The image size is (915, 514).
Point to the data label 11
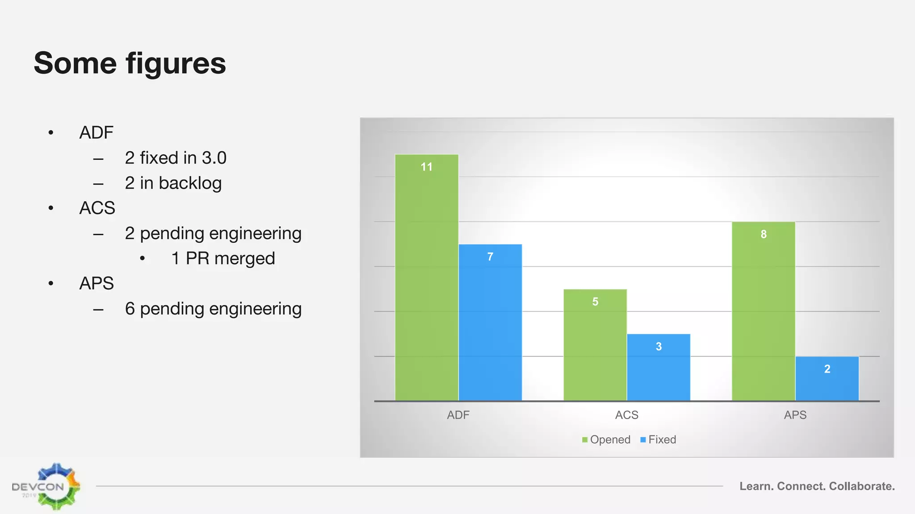[427, 167]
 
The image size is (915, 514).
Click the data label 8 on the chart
[764, 234]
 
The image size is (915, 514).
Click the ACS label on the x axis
[626, 415]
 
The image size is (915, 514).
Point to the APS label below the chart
[795, 415]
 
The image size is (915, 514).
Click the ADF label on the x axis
[458, 415]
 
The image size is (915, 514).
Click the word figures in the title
[176, 64]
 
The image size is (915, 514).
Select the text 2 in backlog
[173, 183]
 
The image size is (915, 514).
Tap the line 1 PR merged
[223, 258]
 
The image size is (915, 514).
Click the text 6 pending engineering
[213, 309]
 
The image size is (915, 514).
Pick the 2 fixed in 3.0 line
[176, 158]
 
